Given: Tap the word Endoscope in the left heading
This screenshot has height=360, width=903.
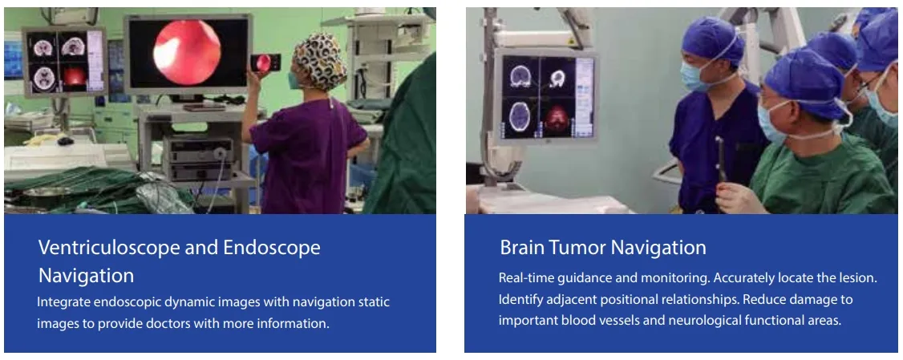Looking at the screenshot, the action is click(271, 249).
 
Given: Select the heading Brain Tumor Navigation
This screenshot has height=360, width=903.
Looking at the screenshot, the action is click(603, 248).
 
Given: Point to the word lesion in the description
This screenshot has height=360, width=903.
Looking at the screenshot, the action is click(857, 278).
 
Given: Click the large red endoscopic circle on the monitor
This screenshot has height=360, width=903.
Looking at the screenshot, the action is click(187, 52).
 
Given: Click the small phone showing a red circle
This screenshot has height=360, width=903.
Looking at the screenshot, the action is click(265, 63).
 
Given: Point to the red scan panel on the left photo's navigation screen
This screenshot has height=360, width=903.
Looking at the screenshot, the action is click(75, 77).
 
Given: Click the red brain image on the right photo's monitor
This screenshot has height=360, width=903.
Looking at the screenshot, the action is click(557, 118).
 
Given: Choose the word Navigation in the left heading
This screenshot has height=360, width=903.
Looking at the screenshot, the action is click(86, 275).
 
